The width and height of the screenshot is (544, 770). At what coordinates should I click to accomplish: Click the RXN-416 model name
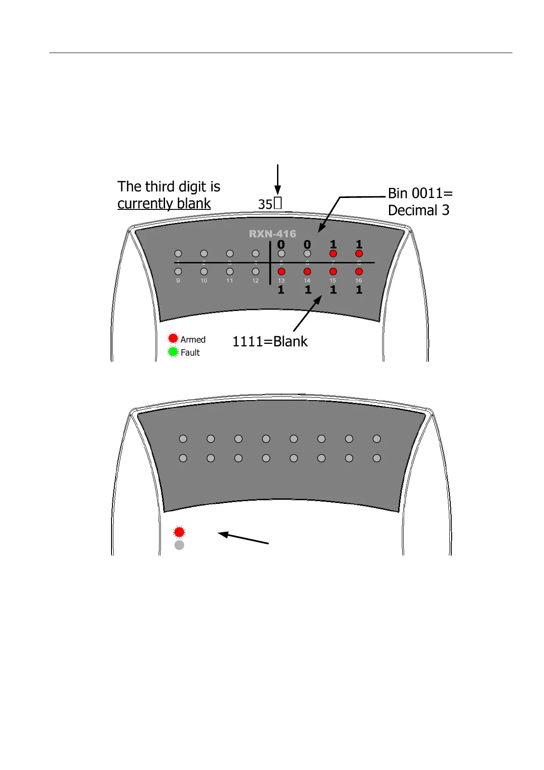point(272,234)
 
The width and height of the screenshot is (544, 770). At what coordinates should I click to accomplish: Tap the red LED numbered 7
point(333,254)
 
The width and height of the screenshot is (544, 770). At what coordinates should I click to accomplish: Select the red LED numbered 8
point(359,254)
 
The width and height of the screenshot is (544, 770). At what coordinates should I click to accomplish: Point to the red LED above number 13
point(282,272)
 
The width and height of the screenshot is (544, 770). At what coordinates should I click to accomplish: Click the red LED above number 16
point(359,272)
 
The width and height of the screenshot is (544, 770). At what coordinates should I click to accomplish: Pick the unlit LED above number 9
point(178,272)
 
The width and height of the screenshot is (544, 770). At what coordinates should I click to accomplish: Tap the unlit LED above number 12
point(256,272)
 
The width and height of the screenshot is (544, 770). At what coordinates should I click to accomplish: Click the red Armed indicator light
point(173,338)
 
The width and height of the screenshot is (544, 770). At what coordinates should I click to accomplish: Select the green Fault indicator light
point(173,352)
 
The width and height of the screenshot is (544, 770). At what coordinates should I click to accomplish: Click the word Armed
point(193,340)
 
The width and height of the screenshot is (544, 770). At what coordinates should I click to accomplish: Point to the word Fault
point(190,353)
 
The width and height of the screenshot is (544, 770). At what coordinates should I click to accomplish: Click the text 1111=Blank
point(270,342)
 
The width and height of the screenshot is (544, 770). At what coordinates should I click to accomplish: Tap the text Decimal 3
point(418,210)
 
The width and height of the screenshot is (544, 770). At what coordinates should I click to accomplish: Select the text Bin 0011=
point(420,193)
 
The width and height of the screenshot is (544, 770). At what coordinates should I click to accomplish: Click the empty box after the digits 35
point(278,203)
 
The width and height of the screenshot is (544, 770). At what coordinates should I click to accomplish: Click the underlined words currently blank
point(164,203)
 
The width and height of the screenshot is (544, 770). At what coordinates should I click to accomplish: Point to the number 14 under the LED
point(307,281)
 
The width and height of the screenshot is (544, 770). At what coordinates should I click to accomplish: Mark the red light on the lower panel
point(179,532)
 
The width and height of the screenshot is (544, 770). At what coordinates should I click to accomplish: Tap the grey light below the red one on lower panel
point(179,545)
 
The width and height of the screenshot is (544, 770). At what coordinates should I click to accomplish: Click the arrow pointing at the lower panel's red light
point(243,538)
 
